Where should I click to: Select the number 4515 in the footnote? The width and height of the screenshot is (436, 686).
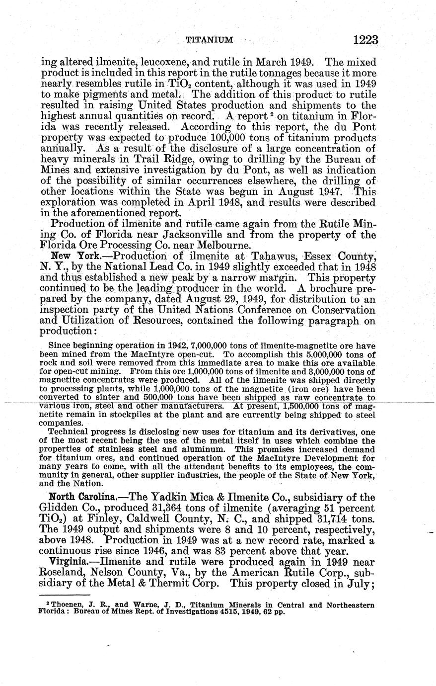point(228,612)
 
